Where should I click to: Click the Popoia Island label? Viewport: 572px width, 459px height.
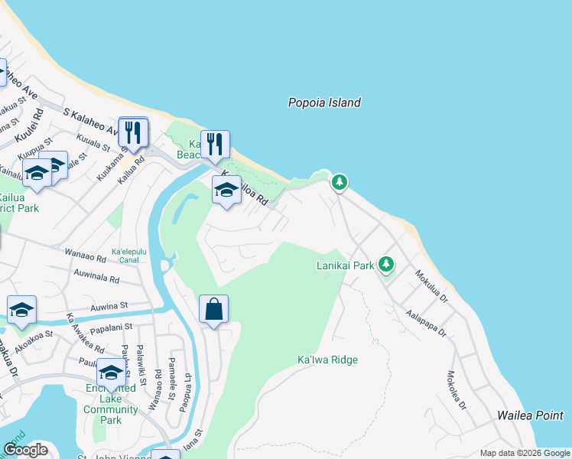[x=324, y=103]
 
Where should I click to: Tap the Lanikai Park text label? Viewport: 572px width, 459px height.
[x=345, y=265]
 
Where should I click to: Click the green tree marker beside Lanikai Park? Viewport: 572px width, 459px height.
[x=387, y=264]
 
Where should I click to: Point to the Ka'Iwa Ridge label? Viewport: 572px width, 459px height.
[x=327, y=360]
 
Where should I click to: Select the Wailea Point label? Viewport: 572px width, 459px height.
[x=530, y=415]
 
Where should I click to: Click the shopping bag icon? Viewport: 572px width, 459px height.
[x=214, y=310]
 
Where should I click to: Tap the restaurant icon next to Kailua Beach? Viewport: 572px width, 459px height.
[x=216, y=144]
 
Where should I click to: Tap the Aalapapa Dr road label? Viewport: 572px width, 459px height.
[x=426, y=324]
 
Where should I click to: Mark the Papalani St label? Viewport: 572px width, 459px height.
[x=112, y=327]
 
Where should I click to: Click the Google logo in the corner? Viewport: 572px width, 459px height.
[x=26, y=450]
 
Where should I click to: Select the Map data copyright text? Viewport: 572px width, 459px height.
[x=525, y=453]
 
